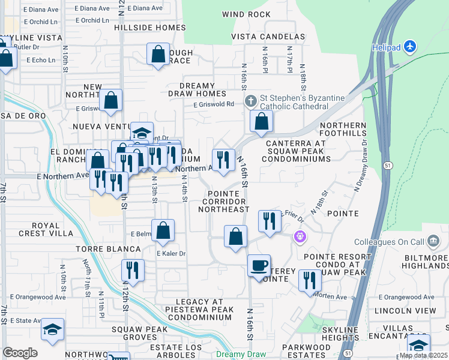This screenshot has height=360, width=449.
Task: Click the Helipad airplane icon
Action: click(x=410, y=46)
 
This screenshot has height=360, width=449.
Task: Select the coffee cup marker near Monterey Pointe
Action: click(x=259, y=266)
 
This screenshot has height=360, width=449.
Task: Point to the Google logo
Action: click(x=19, y=352)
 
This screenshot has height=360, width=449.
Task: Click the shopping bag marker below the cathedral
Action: click(x=261, y=122)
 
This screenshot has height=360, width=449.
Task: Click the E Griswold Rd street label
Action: click(x=214, y=104)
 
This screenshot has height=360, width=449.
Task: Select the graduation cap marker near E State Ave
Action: click(x=52, y=329)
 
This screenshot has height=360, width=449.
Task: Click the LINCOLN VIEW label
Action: click(x=397, y=311)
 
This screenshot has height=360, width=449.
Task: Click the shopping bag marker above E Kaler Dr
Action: click(x=163, y=231)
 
